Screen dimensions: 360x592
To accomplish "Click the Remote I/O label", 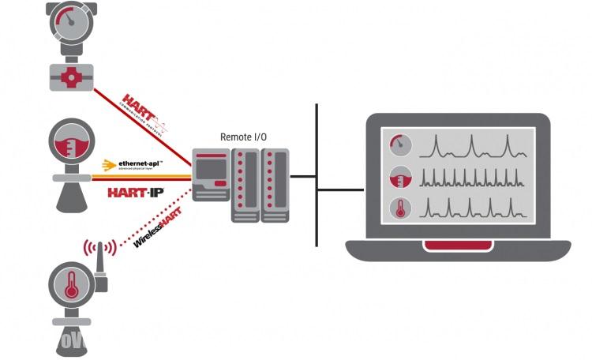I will pos(243,137).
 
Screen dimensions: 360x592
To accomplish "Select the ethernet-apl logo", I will pos(134,165).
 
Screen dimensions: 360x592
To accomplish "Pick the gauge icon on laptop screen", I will pos(401,144).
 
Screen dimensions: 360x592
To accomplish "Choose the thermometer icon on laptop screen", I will pos(401,209).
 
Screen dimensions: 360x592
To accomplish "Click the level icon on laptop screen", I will pos(401,177).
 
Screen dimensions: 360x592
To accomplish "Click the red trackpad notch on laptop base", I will pos(459,246).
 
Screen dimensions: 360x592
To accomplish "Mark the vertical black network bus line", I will pos(317,174).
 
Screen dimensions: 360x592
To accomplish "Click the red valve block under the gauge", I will pos(71,77).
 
